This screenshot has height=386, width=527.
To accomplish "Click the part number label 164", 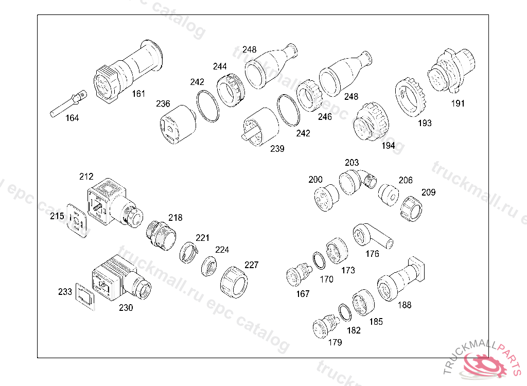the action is pyautogui.click(x=72, y=118).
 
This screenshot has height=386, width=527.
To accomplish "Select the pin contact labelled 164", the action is pyautogui.click(x=68, y=103).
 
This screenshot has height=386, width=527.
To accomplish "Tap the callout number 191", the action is pyautogui.click(x=458, y=103).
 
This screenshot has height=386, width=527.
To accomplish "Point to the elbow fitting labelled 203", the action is pyautogui.click(x=357, y=182).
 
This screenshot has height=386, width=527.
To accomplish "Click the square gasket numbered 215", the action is pyautogui.click(x=77, y=221).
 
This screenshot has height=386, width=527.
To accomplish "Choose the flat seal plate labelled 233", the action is pyautogui.click(x=85, y=296).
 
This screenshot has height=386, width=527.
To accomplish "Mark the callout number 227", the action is pyautogui.click(x=251, y=265).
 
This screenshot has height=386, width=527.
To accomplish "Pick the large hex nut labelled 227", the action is pyautogui.click(x=234, y=282).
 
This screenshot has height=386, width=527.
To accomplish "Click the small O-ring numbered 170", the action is pyautogui.click(x=319, y=260).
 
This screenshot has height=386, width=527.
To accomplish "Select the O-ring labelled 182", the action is pyautogui.click(x=344, y=312).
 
